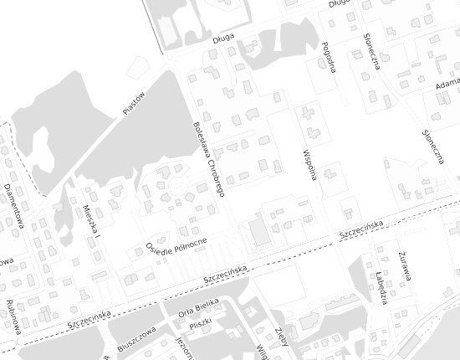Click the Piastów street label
133,102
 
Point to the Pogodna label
328,57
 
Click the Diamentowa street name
13,205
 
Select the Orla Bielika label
199,308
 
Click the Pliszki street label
201,322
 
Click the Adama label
448,85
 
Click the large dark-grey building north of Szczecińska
261,232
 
